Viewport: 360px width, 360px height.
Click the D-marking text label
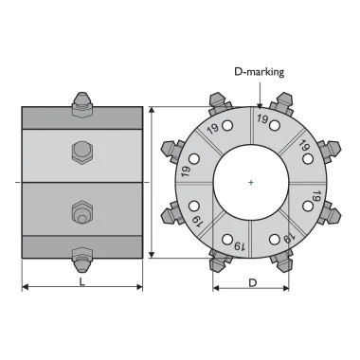pos(259,72)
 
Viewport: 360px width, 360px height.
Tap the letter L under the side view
pos(82,281)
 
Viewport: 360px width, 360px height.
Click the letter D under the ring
pos(253,283)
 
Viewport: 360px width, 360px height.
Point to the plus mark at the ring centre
pos(251,183)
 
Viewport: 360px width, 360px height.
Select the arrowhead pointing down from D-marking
pos(260,105)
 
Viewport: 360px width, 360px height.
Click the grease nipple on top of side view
pos(82,103)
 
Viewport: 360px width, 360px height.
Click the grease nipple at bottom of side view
pos(82,261)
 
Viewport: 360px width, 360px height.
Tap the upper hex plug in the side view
pos(82,153)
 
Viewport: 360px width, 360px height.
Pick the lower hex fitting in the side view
pos(82,213)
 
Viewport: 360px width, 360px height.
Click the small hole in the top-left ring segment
pos(227,125)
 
